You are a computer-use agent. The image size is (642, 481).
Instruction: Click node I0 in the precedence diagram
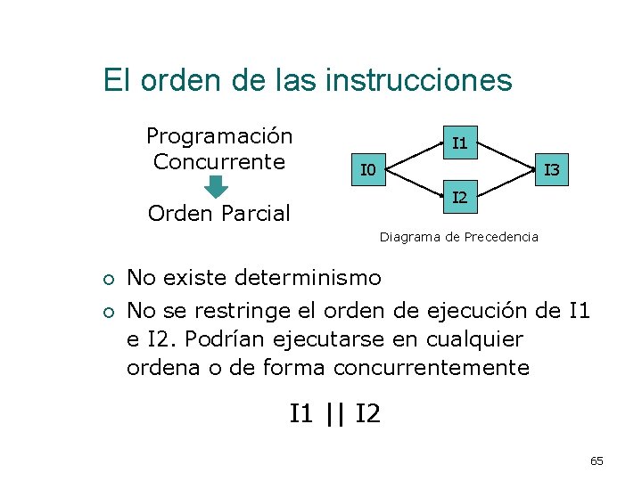click(x=366, y=169)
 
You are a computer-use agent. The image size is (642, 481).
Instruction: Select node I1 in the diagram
click(x=459, y=143)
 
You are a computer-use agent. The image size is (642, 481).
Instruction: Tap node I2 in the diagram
click(x=459, y=196)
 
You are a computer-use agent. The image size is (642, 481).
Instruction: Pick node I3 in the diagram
click(x=552, y=169)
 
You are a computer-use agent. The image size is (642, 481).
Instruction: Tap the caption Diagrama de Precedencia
click(x=458, y=237)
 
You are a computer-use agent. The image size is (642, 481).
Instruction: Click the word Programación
click(x=219, y=136)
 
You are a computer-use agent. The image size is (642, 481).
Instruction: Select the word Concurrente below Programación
click(x=219, y=162)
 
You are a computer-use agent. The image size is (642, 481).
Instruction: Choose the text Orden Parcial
click(x=219, y=214)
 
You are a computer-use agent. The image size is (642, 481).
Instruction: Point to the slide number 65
click(x=597, y=461)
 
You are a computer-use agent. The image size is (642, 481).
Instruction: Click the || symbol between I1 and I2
click(x=334, y=413)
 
